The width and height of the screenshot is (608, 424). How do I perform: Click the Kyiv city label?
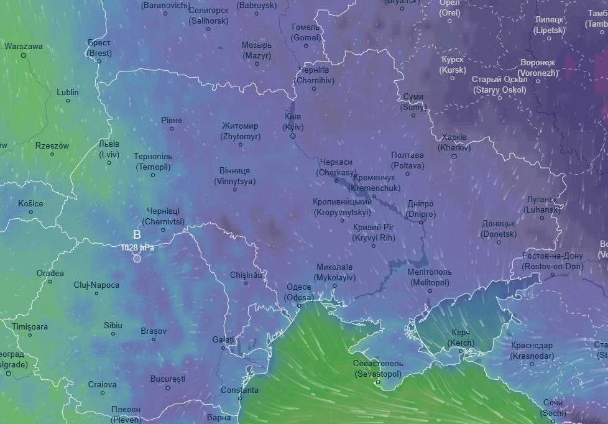293,122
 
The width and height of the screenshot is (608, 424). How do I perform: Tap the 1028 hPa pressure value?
137,247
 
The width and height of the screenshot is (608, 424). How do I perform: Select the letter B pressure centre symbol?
137,234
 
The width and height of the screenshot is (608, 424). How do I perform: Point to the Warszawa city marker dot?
24,55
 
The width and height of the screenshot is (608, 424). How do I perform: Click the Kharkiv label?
454,142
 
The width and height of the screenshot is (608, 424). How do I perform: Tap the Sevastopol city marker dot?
378,382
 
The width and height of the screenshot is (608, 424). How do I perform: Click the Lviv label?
109,149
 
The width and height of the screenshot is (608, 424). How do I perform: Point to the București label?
168,379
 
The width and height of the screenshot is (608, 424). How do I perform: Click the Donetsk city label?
499,229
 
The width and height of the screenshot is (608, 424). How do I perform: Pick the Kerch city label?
461,338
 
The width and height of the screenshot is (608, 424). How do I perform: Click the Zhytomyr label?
240,131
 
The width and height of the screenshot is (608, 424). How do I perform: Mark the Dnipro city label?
421,209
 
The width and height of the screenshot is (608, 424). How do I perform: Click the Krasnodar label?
532,351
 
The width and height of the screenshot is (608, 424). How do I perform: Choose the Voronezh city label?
538,68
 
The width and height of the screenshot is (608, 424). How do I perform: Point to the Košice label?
30,203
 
